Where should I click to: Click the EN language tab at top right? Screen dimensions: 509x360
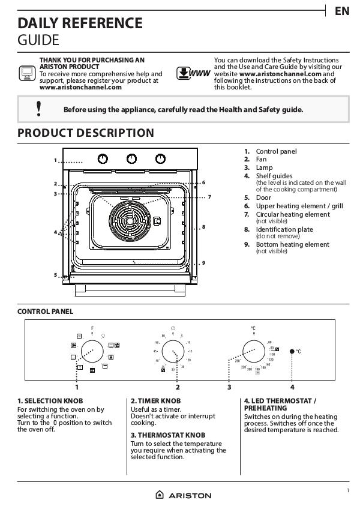(x=341, y=11)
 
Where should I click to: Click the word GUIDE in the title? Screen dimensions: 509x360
(x=38, y=40)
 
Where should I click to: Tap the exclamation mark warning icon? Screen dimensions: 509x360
(x=39, y=109)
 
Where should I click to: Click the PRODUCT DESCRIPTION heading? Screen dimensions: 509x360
(x=86, y=133)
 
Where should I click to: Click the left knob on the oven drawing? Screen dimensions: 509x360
(x=103, y=158)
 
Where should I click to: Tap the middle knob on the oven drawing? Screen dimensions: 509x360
(x=132, y=158)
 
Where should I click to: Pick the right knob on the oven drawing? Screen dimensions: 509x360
(x=161, y=158)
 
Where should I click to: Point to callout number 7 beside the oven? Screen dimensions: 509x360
(x=209, y=197)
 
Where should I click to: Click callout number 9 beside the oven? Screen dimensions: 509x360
(x=203, y=262)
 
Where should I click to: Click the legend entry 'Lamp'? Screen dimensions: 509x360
(x=264, y=167)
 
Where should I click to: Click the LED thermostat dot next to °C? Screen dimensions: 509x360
(x=292, y=351)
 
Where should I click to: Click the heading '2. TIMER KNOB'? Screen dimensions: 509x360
(x=155, y=400)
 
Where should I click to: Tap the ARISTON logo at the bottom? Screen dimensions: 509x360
(x=184, y=495)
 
